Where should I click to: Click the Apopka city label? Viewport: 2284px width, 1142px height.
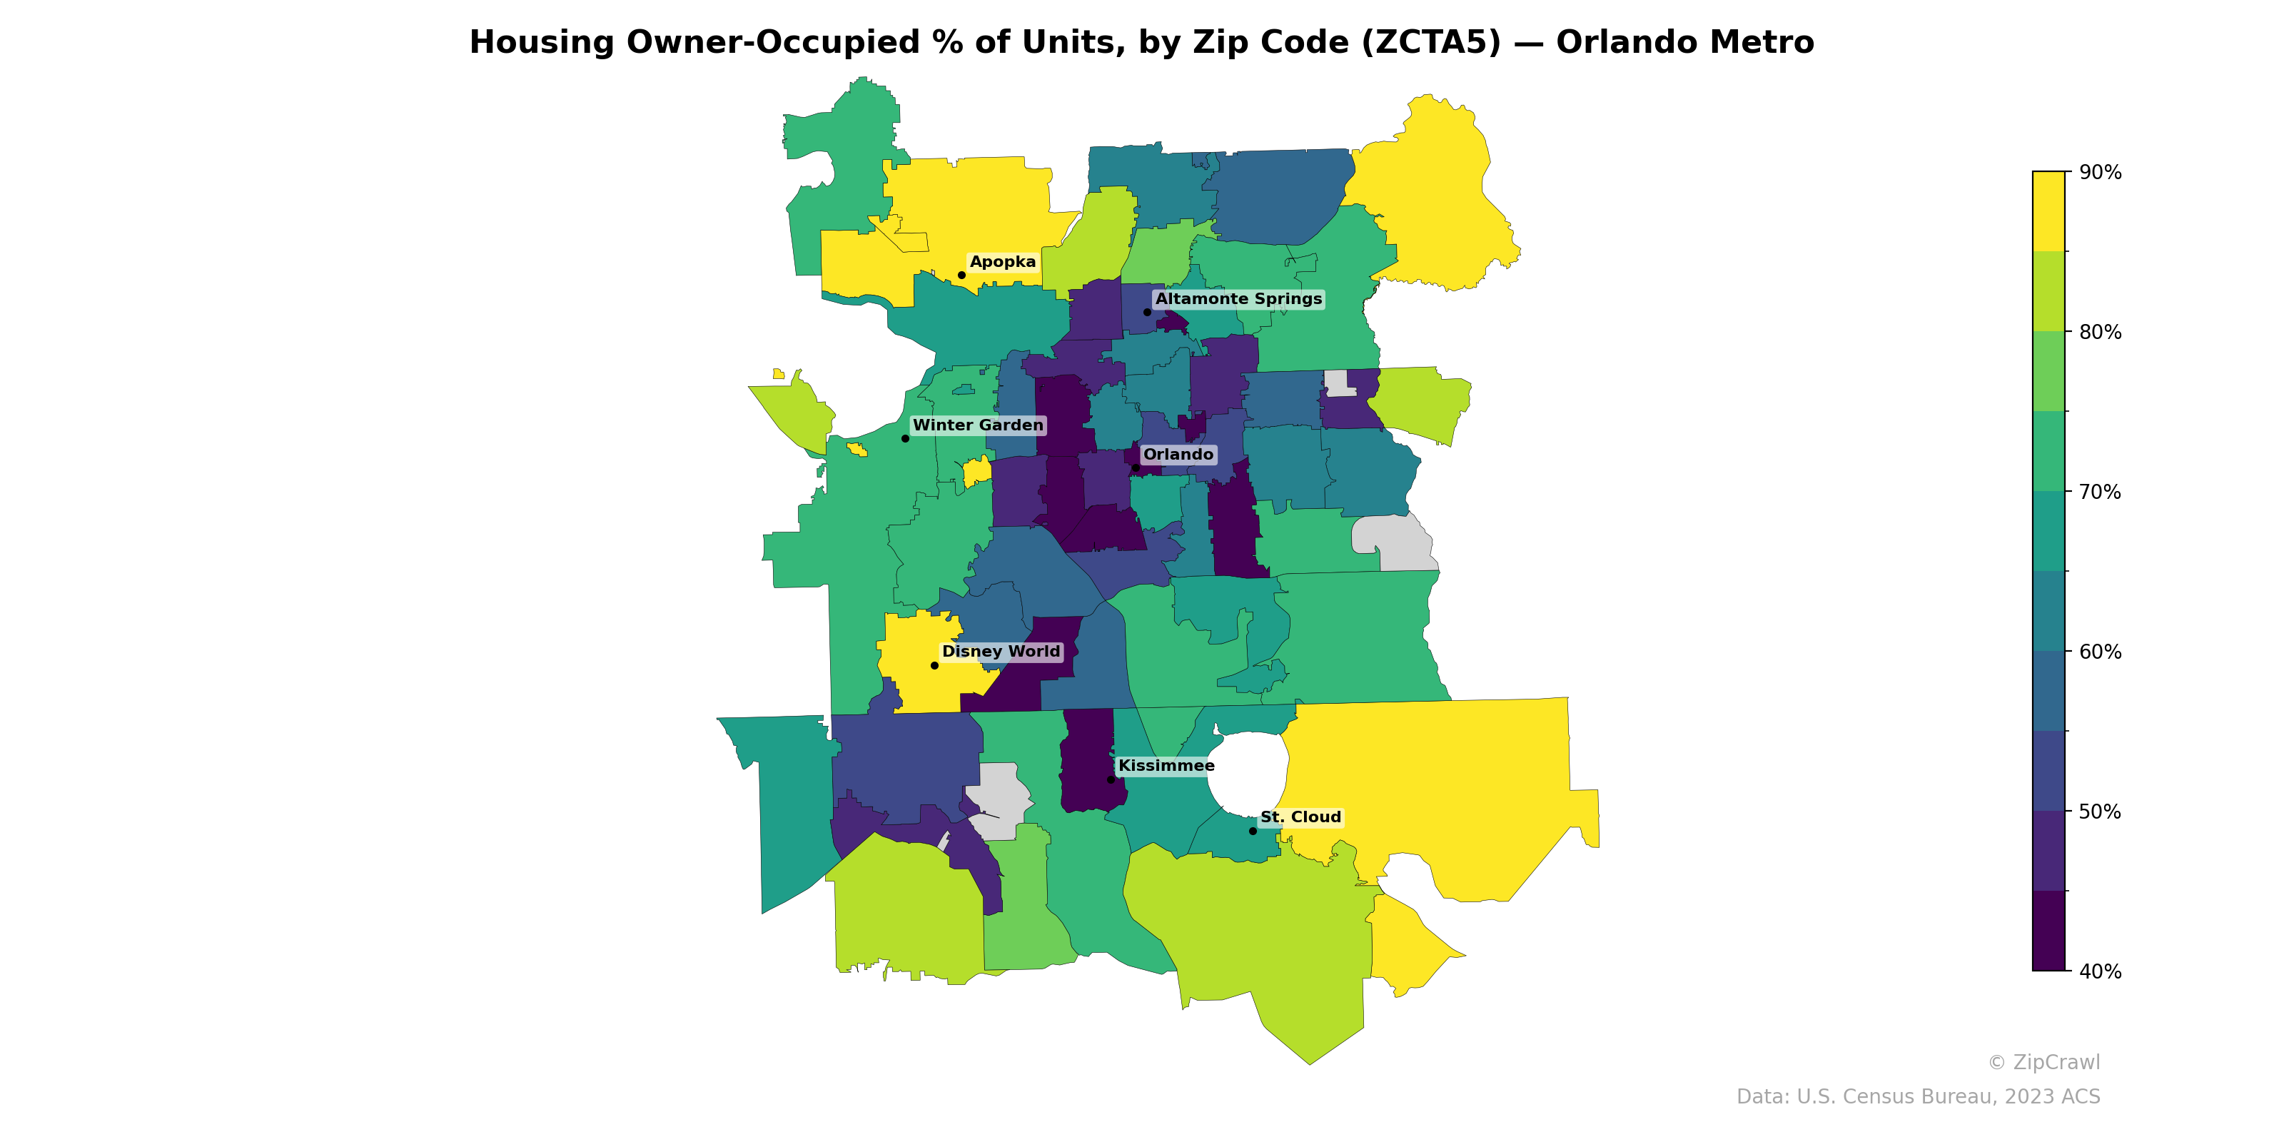point(1002,261)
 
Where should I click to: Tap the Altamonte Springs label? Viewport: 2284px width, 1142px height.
point(1238,299)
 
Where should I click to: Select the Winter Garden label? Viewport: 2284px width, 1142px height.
point(978,425)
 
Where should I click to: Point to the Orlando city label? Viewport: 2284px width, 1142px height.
point(1178,454)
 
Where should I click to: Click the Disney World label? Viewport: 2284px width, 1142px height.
point(1000,651)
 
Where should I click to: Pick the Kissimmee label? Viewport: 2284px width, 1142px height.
point(1166,765)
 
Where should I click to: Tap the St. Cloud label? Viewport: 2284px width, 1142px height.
point(1300,817)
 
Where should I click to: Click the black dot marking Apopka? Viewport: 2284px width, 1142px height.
point(961,275)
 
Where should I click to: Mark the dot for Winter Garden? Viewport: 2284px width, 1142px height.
point(905,438)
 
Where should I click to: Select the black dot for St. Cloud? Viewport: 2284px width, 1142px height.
point(1253,831)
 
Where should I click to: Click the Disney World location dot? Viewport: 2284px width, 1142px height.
point(934,665)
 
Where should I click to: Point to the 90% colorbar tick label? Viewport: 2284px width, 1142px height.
point(2100,172)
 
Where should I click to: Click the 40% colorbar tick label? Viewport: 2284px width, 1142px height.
point(2100,971)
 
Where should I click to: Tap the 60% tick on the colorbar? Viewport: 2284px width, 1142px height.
point(2100,652)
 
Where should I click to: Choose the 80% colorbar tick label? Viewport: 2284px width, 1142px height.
point(2100,332)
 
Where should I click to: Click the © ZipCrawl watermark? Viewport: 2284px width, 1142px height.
point(2043,1062)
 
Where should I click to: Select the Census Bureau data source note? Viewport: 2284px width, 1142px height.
point(1918,1097)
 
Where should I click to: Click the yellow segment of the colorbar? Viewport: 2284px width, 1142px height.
point(2048,211)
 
